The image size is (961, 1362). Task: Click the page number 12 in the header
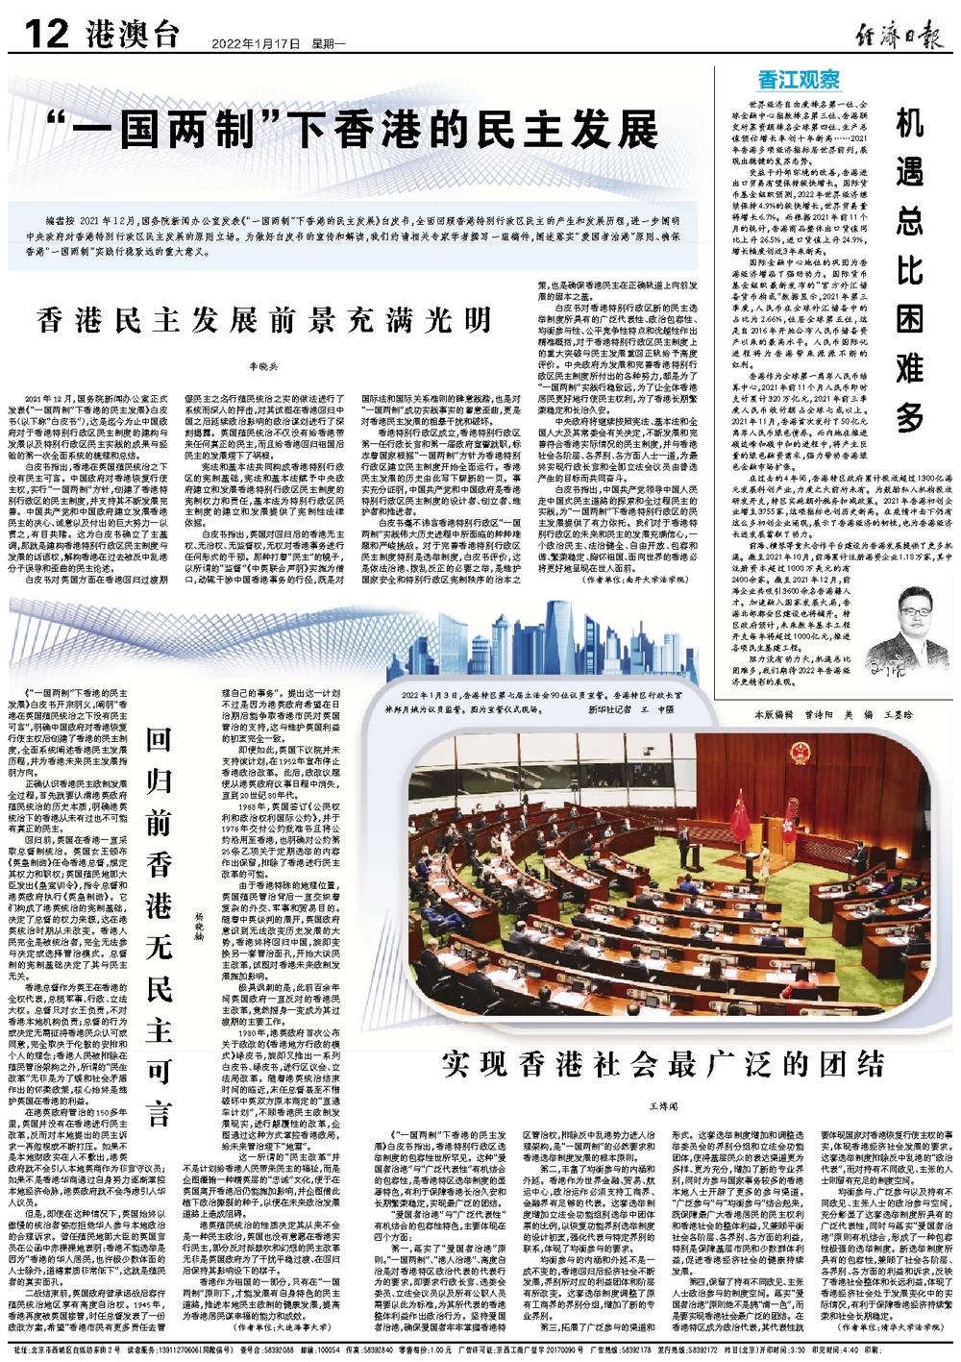[41, 36]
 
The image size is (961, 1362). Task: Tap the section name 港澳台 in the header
[134, 37]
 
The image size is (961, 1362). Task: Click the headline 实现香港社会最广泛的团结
[662, 1063]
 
